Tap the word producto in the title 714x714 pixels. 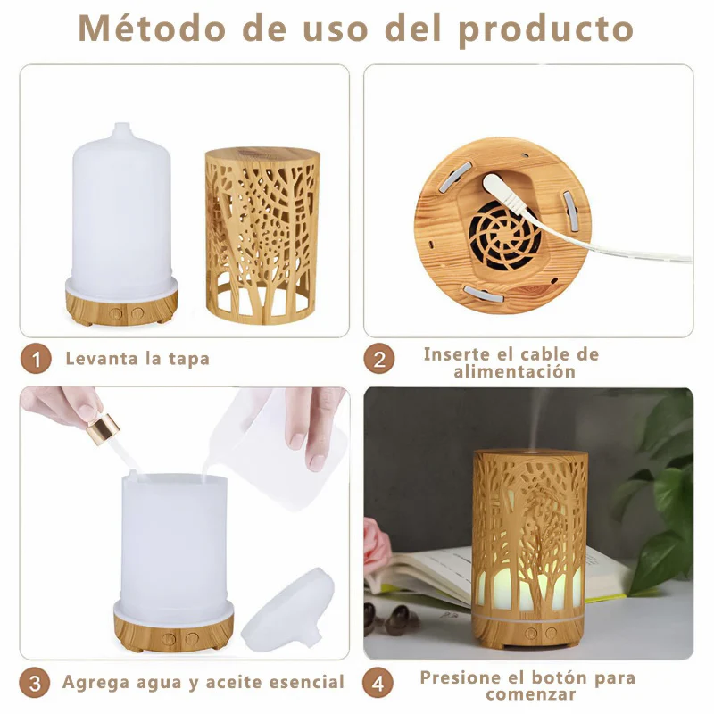click(x=546, y=30)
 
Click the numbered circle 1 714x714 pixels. click(x=36, y=359)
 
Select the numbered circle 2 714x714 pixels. click(x=378, y=359)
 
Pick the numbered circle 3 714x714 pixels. click(x=35, y=683)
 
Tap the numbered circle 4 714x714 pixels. click(x=378, y=683)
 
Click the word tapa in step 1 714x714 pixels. click(x=189, y=359)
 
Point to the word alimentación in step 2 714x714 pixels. click(x=515, y=371)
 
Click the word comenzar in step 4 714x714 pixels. click(x=530, y=694)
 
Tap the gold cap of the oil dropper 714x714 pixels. click(x=103, y=429)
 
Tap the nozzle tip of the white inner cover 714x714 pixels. click(x=121, y=128)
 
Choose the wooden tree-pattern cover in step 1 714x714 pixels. click(x=262, y=236)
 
